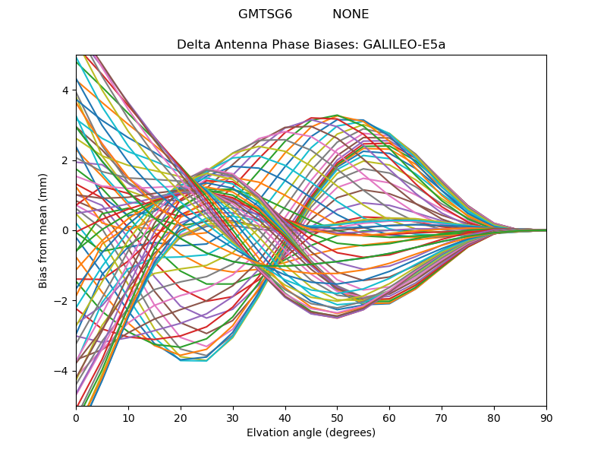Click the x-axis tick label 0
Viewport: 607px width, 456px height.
(x=76, y=417)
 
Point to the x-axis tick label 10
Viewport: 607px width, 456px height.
(x=128, y=417)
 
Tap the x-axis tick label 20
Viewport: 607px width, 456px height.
(x=181, y=417)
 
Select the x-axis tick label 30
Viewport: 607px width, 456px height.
(x=233, y=417)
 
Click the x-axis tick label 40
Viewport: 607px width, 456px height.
(x=285, y=417)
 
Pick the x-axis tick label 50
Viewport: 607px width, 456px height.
(x=337, y=417)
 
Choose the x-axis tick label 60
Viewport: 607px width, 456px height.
(x=389, y=417)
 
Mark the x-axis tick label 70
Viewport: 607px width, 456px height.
(x=442, y=417)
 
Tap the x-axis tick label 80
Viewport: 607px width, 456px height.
(x=494, y=417)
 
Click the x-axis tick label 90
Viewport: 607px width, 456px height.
(x=546, y=417)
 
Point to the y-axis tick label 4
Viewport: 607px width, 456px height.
(x=66, y=90)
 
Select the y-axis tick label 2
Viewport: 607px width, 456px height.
(x=66, y=160)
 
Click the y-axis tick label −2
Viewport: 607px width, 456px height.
(x=63, y=301)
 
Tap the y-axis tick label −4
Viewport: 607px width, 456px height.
(x=63, y=371)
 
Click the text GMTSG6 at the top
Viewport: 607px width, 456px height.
(x=265, y=14)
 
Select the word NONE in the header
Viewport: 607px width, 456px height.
(x=351, y=14)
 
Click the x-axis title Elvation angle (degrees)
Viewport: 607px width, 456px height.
(x=311, y=432)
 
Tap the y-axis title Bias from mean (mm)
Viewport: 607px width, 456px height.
(x=43, y=230)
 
